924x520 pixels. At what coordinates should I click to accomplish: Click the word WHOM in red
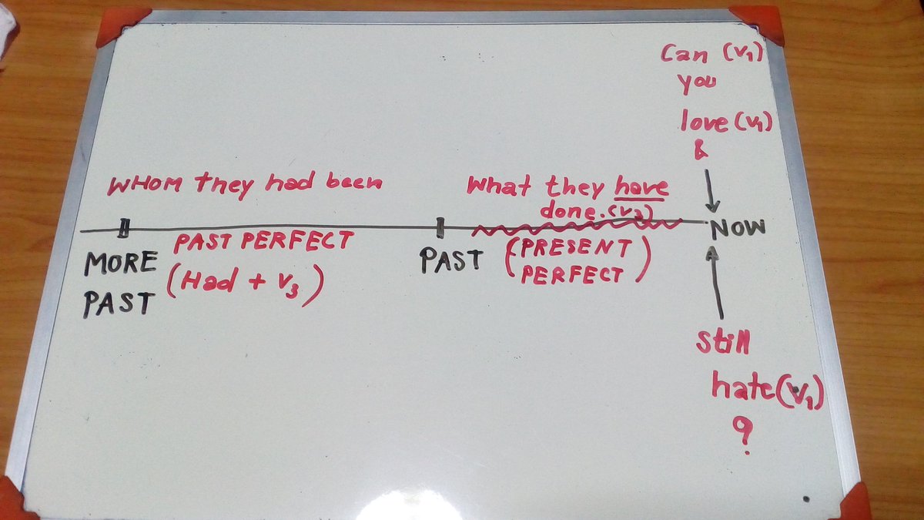click(x=145, y=184)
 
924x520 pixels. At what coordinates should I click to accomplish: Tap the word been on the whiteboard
click(x=354, y=182)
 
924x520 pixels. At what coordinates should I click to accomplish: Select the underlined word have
click(x=641, y=188)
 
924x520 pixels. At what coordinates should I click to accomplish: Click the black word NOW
click(x=738, y=228)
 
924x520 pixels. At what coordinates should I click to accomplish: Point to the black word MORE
click(x=121, y=263)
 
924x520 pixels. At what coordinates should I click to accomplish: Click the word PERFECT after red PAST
click(x=297, y=240)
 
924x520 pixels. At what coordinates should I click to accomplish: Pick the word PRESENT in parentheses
click(x=576, y=248)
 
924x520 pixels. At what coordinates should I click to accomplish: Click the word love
click(x=704, y=122)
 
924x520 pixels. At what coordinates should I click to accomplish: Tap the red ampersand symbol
click(x=701, y=150)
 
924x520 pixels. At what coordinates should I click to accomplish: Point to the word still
click(x=723, y=342)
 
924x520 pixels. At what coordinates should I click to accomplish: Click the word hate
click(x=743, y=385)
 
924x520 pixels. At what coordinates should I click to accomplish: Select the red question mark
click(x=744, y=435)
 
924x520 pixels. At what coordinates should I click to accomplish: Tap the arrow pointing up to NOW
click(x=715, y=282)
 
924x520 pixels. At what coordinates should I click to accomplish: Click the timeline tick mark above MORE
click(x=123, y=228)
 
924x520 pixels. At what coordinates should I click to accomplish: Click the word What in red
click(x=498, y=186)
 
